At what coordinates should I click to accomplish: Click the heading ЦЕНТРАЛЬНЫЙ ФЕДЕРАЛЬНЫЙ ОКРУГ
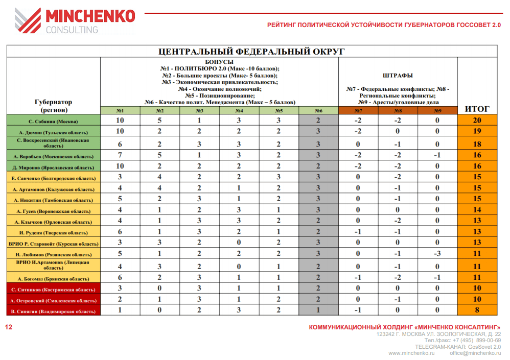click(251, 51)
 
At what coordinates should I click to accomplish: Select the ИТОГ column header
click(477, 109)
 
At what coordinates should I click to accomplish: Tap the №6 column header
click(318, 110)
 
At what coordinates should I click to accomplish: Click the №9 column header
click(437, 110)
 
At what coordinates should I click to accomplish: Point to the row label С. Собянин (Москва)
click(53, 121)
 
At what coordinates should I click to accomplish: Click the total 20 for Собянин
click(477, 121)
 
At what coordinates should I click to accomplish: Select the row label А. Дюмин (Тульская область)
click(53, 132)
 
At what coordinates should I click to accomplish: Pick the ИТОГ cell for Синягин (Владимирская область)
click(477, 310)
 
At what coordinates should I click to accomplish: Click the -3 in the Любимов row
click(437, 254)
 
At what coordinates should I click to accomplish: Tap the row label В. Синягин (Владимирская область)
click(53, 310)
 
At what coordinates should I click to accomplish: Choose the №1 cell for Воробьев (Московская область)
click(120, 155)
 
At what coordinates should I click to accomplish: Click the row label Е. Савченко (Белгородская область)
click(53, 178)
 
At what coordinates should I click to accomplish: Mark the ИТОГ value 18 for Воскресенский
click(477, 144)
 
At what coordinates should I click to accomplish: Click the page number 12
click(8, 327)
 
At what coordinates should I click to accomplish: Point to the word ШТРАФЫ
click(398, 76)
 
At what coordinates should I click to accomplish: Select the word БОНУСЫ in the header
click(219, 62)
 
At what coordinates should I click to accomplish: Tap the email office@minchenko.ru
click(475, 353)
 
